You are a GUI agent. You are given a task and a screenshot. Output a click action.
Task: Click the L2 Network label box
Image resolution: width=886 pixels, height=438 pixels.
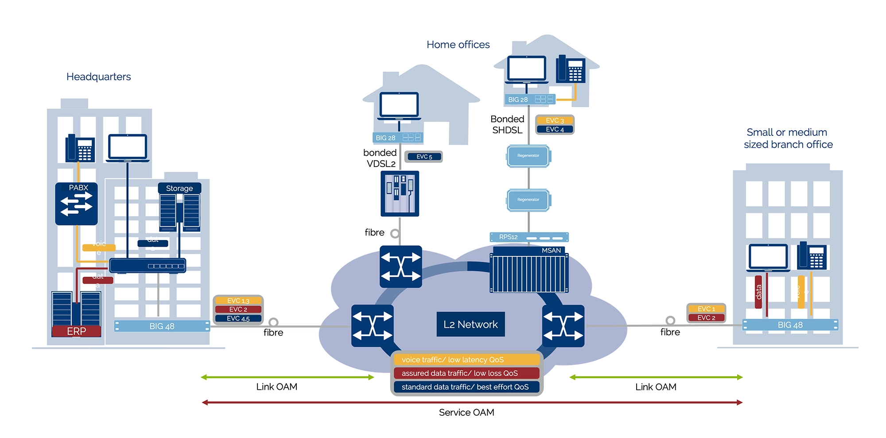[470, 324]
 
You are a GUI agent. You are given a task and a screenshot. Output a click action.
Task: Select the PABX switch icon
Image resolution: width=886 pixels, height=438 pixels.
[76, 204]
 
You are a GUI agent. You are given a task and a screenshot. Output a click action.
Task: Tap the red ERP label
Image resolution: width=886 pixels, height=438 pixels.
[76, 331]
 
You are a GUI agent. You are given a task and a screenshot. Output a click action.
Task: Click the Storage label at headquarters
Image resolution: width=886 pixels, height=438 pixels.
[179, 188]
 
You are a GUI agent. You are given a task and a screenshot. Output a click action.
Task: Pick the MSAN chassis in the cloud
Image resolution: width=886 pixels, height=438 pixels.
[529, 270]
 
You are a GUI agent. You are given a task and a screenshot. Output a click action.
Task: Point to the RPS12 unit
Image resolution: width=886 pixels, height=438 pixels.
[529, 237]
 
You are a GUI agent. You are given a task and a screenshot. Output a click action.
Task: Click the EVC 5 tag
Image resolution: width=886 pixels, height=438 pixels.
[424, 156]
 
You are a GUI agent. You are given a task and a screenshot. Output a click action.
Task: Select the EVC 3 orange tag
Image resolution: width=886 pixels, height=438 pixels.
[555, 120]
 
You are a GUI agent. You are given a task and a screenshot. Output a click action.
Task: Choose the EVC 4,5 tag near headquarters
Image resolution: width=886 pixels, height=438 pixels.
[238, 318]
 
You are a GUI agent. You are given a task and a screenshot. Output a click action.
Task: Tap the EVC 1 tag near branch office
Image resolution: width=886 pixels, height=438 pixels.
[706, 309]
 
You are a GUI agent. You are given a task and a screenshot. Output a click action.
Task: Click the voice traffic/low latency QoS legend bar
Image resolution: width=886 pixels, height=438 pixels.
[466, 360]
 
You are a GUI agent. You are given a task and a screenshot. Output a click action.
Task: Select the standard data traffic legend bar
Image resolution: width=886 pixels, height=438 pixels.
[466, 387]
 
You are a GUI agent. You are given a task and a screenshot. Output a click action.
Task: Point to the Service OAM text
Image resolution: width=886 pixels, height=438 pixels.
[466, 412]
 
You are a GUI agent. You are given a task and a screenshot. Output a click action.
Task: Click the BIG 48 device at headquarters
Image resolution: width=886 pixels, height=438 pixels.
[162, 326]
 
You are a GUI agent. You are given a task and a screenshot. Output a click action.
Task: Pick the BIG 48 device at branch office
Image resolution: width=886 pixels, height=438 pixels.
[790, 325]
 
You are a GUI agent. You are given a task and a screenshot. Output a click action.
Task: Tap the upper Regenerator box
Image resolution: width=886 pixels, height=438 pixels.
[528, 156]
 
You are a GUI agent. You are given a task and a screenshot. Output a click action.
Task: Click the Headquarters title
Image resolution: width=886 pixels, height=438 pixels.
[98, 77]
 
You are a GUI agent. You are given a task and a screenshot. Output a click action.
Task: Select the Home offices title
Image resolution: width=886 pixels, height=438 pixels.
[458, 45]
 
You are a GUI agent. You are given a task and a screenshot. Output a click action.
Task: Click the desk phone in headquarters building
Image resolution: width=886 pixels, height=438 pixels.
[80, 148]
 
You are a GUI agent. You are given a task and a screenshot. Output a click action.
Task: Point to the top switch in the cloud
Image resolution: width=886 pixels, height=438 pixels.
[400, 267]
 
